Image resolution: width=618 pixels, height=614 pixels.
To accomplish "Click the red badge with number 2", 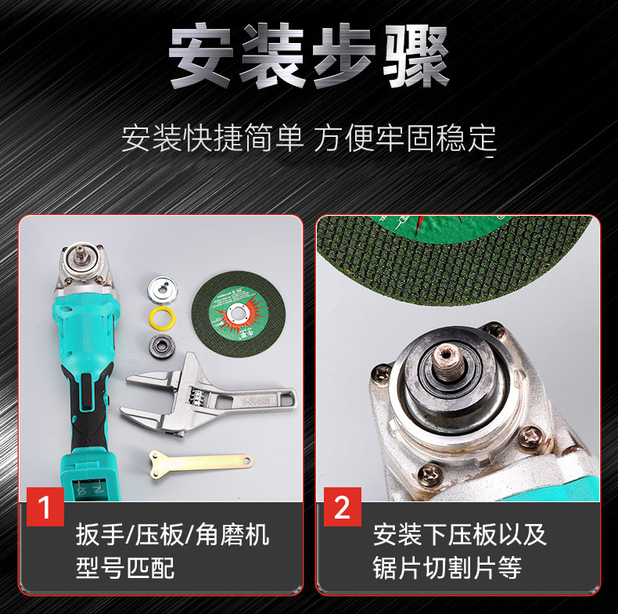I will (x=342, y=508).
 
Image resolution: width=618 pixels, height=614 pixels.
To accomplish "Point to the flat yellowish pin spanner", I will (x=199, y=461).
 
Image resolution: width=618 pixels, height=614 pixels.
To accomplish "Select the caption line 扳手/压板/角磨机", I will (x=173, y=535).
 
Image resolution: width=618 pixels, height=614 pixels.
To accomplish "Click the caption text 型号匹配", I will (x=125, y=567).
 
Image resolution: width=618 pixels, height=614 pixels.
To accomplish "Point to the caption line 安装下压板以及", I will (x=460, y=535).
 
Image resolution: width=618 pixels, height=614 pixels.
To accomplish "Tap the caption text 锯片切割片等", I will (x=447, y=567).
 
